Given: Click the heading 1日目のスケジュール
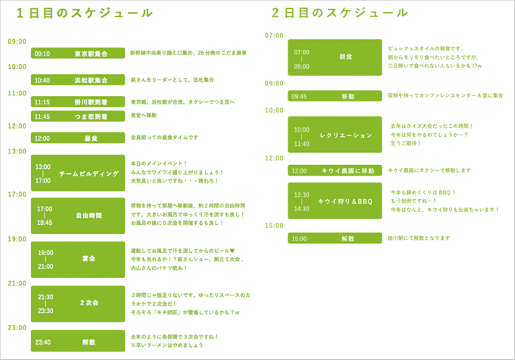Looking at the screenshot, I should pos(85,13).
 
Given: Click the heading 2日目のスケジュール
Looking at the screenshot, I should pos(340,13).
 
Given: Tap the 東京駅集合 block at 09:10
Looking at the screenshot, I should pos(78,53).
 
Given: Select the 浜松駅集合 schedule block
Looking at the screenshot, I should pos(78,80).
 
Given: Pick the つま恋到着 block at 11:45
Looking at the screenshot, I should pos(78,116).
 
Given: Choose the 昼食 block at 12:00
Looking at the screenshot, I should pos(78,138).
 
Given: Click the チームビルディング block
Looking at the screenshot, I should pos(78,173).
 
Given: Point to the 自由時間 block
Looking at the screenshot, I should pos(78,215).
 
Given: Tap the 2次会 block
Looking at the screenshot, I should pos(78,303).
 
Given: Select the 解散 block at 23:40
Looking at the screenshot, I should pos(78,341).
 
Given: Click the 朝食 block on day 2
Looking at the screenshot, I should pos(335,57).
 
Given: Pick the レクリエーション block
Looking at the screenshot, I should pos(335,135).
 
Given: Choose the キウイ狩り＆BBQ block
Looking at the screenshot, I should pos(335,201).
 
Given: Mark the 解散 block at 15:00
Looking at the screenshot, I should pos(335,238).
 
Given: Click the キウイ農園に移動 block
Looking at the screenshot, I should pos(335,171).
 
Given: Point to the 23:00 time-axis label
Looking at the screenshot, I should pos(17,328).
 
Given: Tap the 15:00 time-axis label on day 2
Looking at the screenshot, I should pos(274,225).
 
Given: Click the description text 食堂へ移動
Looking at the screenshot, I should pos(144,115).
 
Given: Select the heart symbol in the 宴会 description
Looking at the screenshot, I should pos(232,250).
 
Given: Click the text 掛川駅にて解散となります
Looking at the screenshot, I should pos(419,238).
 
